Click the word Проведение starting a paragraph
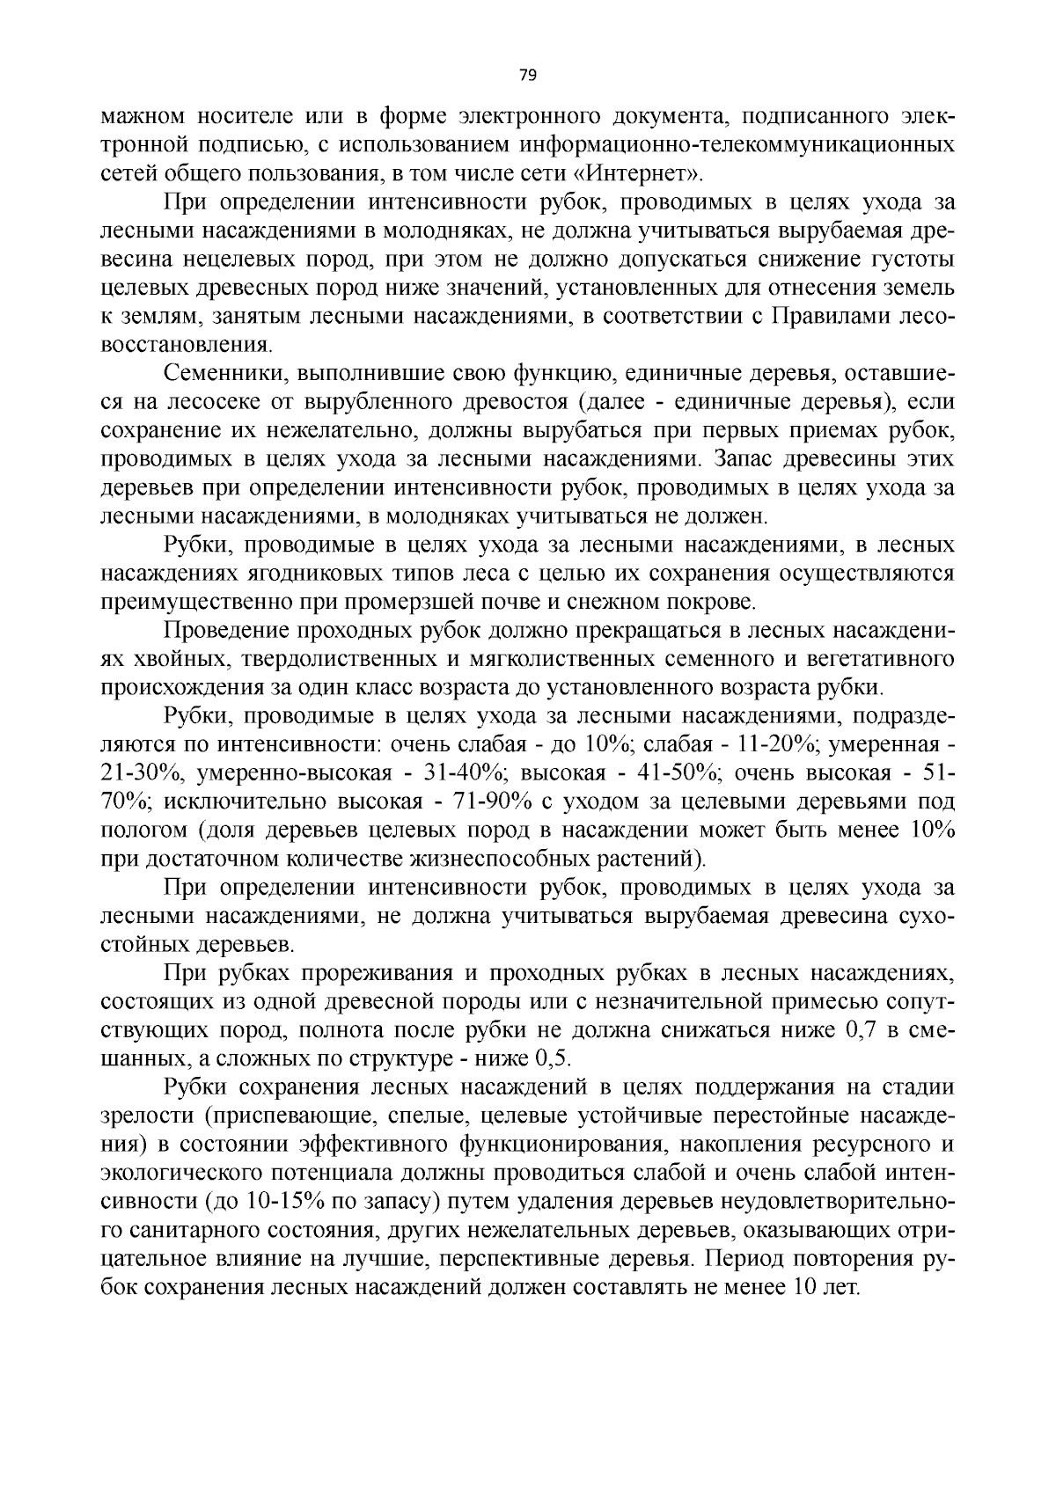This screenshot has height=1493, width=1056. pos(219,631)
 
